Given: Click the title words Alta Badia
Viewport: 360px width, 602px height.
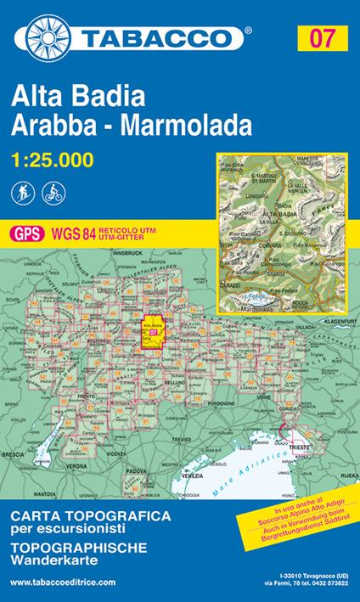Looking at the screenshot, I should (70, 98).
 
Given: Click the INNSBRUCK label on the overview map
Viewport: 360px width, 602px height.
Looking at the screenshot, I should (126, 253).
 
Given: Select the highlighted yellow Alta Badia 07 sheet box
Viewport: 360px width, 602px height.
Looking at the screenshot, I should (154, 331).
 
